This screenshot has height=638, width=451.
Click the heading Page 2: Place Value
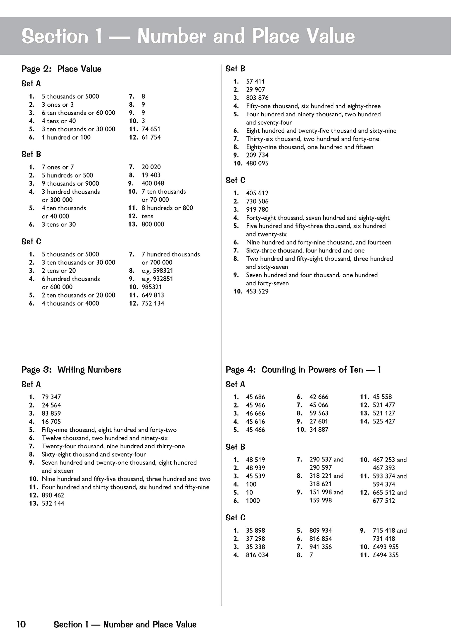61,69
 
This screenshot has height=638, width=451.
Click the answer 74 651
151,129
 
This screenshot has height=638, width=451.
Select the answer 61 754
151,137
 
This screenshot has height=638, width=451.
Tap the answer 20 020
151,167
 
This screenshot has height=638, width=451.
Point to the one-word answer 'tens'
147,216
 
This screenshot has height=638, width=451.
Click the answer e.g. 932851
157,279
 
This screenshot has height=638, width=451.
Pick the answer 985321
151,287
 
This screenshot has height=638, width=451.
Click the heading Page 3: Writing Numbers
72,370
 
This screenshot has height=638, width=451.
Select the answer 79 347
51,397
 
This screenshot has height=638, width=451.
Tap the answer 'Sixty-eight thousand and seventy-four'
94,454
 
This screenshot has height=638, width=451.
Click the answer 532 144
53,503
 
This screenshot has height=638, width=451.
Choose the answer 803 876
257,98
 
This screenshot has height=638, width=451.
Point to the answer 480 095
257,163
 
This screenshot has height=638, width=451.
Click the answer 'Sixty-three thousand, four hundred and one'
305,250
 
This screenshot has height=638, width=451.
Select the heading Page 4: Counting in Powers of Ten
303,370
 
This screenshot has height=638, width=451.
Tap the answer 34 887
319,430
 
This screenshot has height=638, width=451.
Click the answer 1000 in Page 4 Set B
253,500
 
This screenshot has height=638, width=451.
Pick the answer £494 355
385,555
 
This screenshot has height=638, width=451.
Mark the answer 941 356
320,547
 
